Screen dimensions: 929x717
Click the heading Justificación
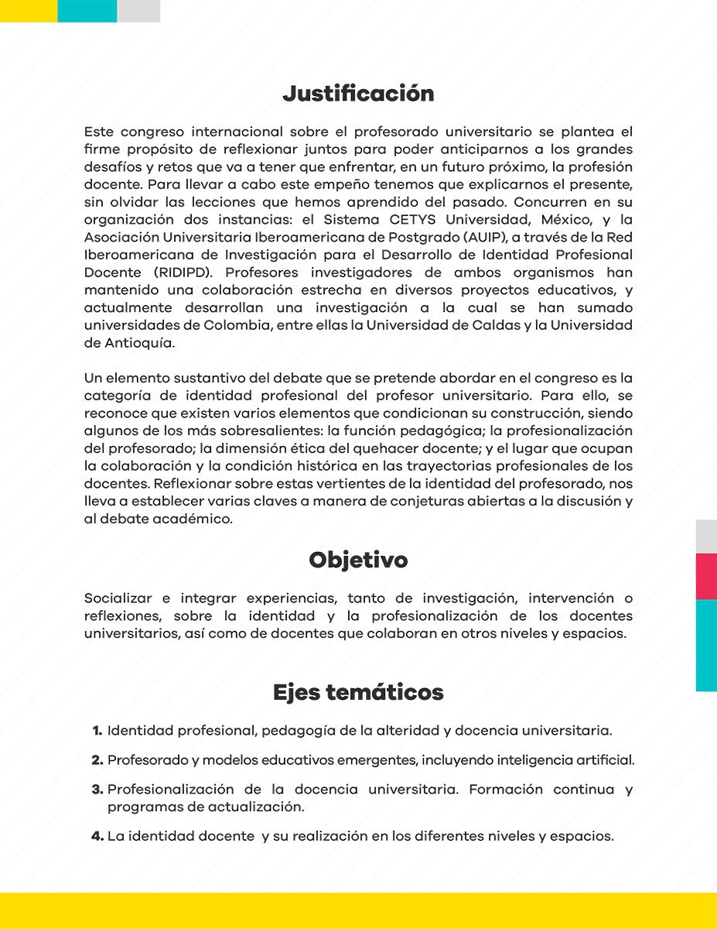pyautogui.click(x=358, y=94)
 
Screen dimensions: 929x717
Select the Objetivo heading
pyautogui.click(x=358, y=560)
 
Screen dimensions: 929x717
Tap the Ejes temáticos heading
pyautogui.click(x=358, y=692)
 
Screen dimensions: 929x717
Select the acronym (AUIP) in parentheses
pyautogui.click(x=470, y=237)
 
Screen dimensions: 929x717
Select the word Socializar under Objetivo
pyautogui.click(x=118, y=598)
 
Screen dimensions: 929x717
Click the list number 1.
pyautogui.click(x=97, y=731)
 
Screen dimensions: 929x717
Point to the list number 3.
pyautogui.click(x=97, y=790)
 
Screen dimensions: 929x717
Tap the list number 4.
pyautogui.click(x=97, y=836)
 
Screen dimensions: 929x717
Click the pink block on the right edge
pyautogui.click(x=706, y=576)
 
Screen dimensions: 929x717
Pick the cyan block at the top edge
pyautogui.click(x=87, y=11)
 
